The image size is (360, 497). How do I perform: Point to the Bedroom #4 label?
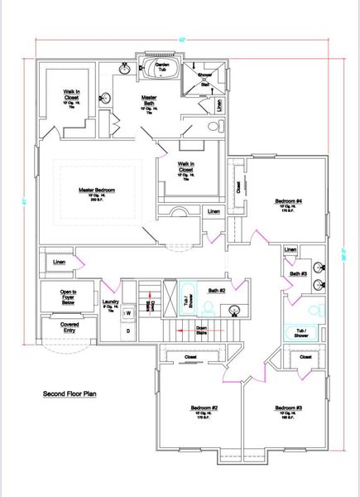288,201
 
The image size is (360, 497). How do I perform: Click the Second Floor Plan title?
70,393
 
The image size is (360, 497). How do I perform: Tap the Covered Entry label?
58,327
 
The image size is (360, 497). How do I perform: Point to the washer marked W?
128,313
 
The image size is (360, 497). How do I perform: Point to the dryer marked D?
127,331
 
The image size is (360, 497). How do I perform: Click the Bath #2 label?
217,290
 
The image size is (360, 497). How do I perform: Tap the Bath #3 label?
298,273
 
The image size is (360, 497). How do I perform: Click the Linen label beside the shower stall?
218,106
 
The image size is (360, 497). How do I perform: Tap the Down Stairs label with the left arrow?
195,329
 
